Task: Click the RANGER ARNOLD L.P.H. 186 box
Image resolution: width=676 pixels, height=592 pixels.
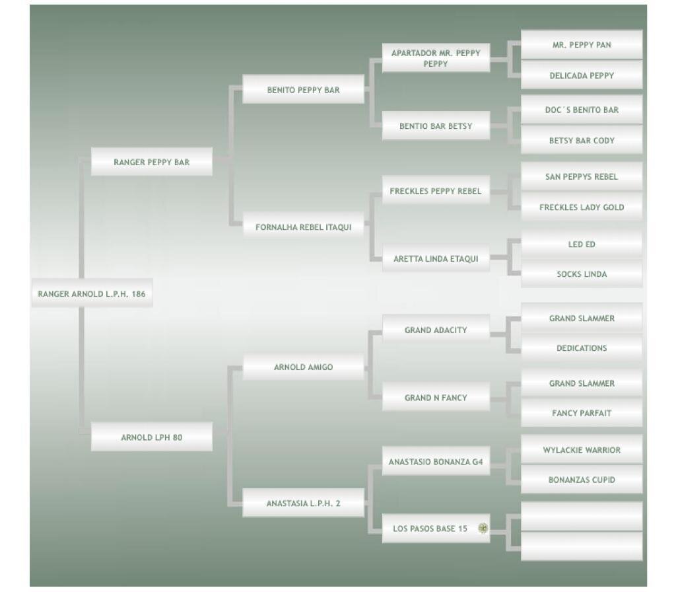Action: click(92, 294)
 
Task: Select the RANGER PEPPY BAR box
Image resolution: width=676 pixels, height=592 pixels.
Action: click(152, 162)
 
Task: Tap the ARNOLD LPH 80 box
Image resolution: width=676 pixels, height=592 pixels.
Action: click(152, 437)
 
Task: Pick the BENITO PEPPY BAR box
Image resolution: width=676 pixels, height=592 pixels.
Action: click(304, 90)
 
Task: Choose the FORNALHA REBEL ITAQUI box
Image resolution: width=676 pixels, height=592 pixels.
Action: click(304, 227)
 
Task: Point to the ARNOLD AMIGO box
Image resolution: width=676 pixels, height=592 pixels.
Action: click(304, 367)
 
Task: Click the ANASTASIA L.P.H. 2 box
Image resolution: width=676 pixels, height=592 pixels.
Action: click(304, 503)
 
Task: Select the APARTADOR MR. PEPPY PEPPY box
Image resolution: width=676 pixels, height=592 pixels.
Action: click(436, 58)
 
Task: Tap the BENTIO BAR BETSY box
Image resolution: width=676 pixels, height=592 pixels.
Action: click(436, 126)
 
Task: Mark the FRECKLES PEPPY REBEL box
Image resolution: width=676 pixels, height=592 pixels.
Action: click(436, 192)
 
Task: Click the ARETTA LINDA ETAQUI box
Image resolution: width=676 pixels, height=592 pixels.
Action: click(436, 259)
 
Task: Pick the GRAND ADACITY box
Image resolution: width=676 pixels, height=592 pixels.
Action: click(436, 330)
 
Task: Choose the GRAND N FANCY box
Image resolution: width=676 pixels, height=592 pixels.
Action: click(436, 398)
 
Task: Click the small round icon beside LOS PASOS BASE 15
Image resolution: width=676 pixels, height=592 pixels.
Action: click(483, 529)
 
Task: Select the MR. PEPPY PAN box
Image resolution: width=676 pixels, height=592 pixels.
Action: click(582, 45)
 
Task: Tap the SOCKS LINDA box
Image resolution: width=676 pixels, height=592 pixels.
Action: click(582, 274)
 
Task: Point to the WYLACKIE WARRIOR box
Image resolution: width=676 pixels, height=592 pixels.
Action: click(582, 450)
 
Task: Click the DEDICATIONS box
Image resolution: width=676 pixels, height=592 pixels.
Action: click(582, 348)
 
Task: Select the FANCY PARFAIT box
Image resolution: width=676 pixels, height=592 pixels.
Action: click(582, 414)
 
